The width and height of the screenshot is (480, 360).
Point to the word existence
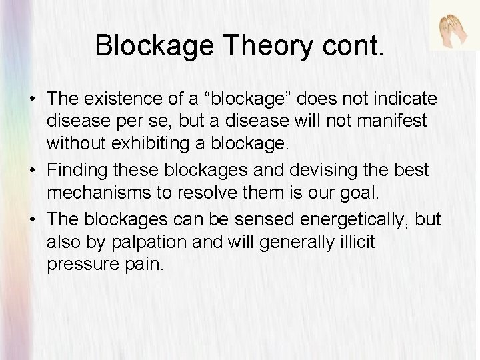[x=126, y=99]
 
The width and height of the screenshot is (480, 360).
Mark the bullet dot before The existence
[x=33, y=100]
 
